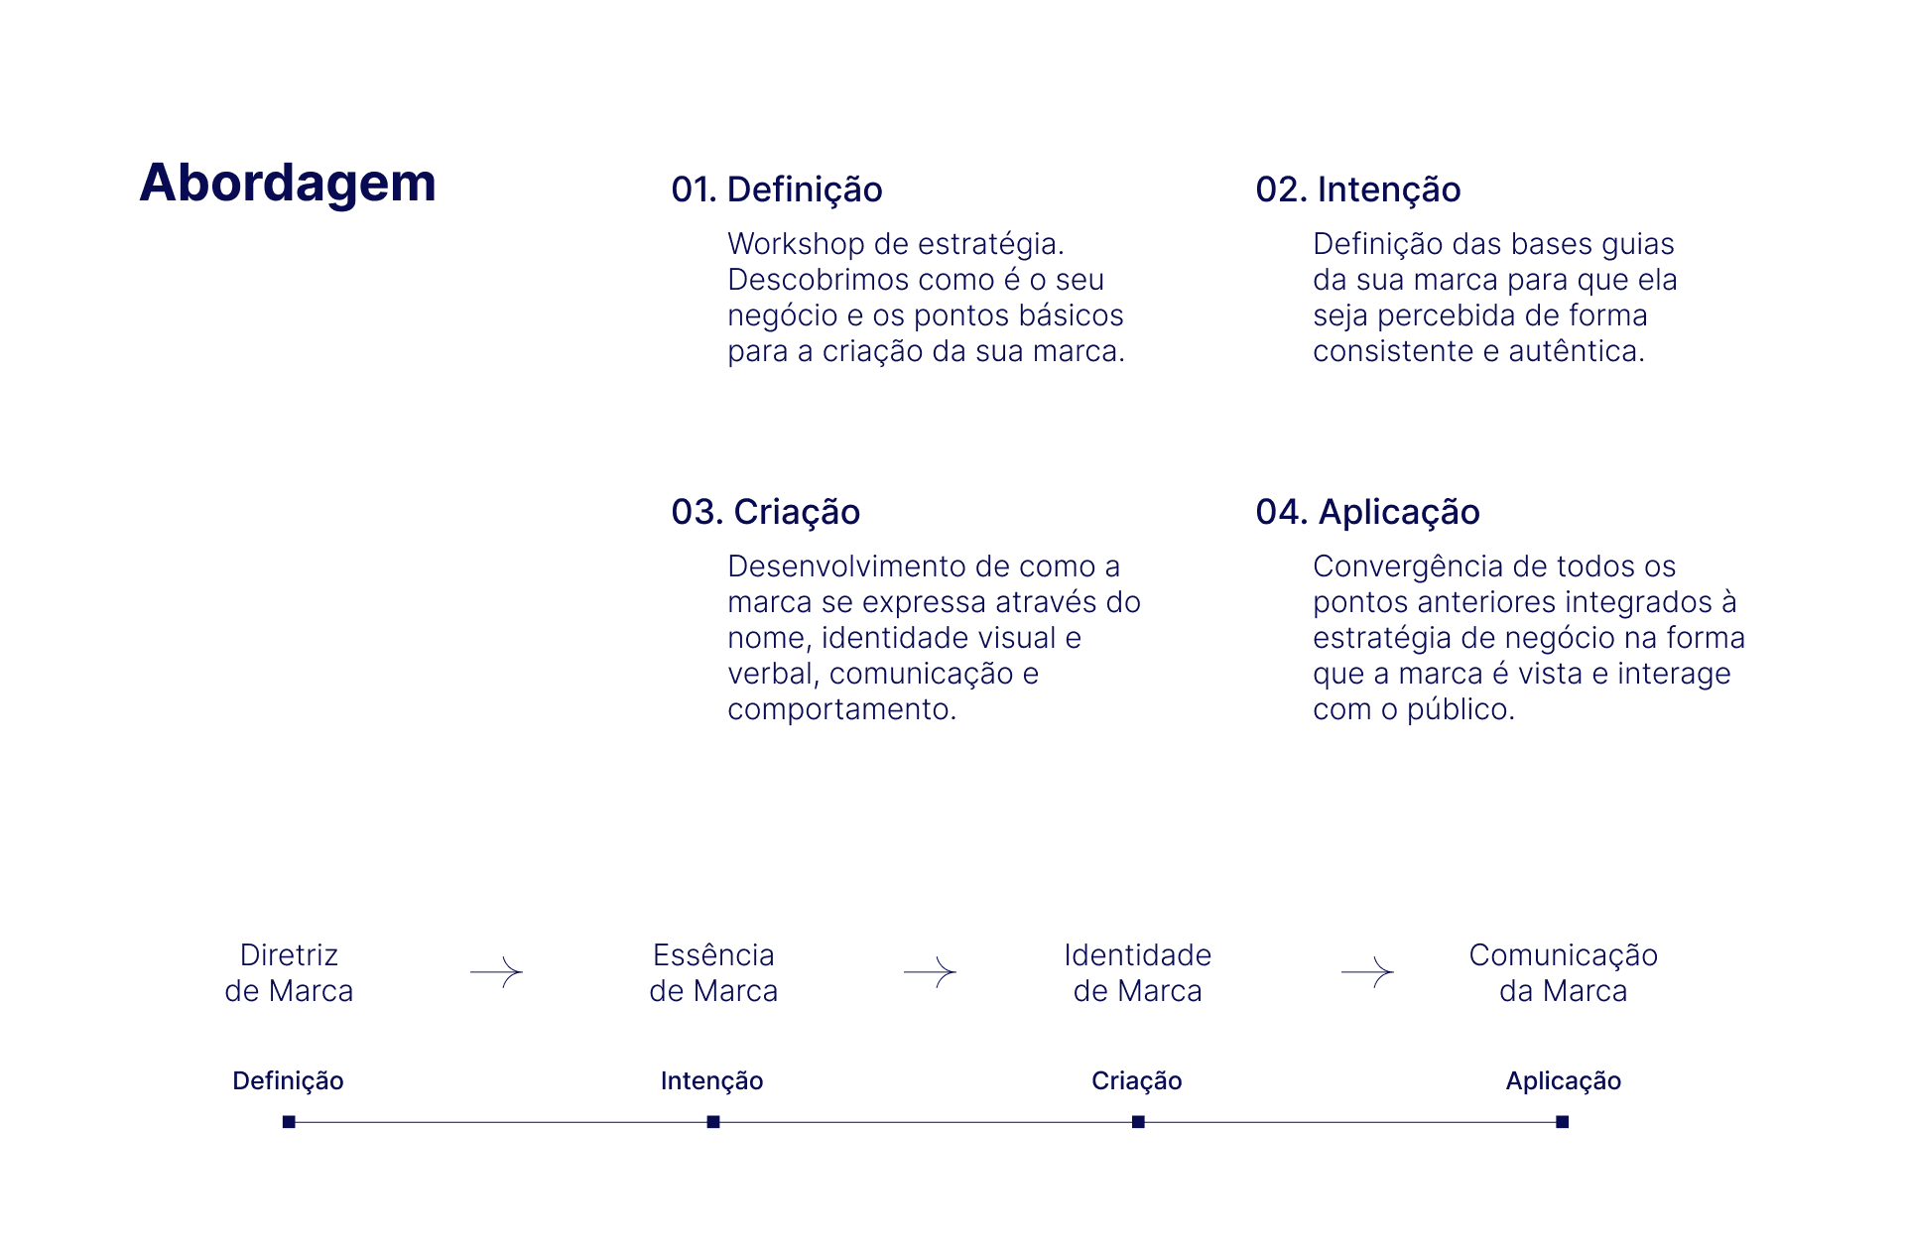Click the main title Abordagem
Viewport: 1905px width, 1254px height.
288,184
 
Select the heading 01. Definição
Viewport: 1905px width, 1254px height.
777,189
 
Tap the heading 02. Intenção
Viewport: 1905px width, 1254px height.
1357,189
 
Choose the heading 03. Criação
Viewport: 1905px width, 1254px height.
765,512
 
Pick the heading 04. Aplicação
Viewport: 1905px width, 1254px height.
1367,512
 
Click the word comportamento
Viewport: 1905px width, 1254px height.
841,709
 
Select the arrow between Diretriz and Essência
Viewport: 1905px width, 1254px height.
496,972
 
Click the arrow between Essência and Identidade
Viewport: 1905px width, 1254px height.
930,972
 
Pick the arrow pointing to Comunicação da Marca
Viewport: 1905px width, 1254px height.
1367,972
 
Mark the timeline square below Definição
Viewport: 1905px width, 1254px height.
289,1122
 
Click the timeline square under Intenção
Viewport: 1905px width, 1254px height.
713,1122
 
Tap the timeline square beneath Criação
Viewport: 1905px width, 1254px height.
1138,1122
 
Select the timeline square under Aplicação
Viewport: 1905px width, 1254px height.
1562,1122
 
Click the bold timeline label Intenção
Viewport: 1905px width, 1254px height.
711,1080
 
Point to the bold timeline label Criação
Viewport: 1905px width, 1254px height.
1136,1080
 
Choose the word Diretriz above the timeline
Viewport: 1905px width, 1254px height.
289,955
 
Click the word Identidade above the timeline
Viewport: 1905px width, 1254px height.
1137,955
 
